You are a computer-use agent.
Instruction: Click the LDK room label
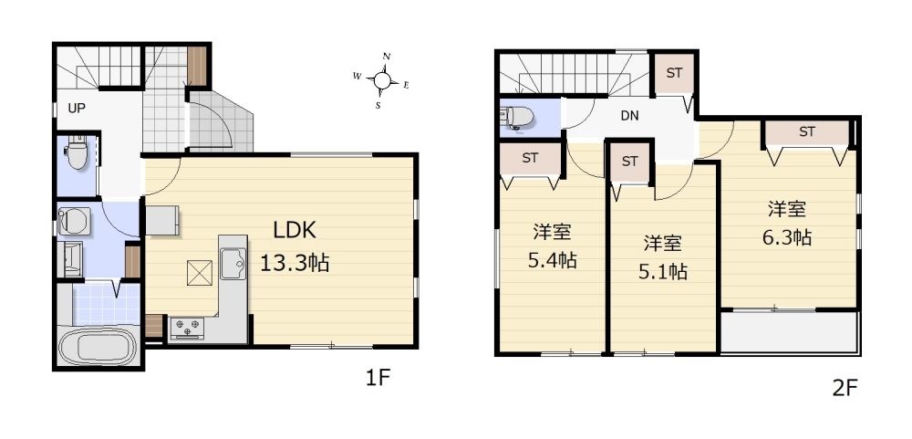click(295, 231)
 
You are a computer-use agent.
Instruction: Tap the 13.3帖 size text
click(295, 264)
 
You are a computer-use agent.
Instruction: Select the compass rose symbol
click(381, 80)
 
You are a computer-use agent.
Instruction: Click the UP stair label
click(77, 109)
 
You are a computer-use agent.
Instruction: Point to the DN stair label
click(629, 116)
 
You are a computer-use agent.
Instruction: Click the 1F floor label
click(377, 379)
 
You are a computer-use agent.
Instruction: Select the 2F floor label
click(845, 389)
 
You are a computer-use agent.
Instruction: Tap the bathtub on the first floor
click(98, 347)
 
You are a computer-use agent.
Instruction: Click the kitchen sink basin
click(233, 264)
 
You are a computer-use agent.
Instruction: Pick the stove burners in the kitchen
click(187, 328)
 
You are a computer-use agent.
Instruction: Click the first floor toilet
click(77, 152)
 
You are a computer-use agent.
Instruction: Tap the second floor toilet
click(518, 117)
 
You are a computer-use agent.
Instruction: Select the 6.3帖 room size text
click(787, 237)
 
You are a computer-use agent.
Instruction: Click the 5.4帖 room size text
click(553, 260)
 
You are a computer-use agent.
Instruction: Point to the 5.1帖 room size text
click(663, 271)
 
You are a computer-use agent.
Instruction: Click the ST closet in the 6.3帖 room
click(807, 132)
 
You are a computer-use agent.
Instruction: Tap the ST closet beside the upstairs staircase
click(674, 74)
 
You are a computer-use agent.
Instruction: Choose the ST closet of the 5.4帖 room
click(529, 159)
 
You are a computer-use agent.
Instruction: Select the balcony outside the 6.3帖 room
click(790, 332)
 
